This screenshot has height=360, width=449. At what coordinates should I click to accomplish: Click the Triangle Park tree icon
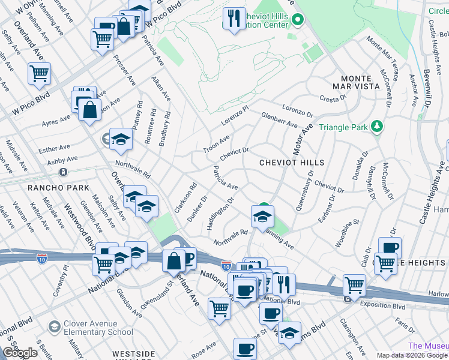(377, 127)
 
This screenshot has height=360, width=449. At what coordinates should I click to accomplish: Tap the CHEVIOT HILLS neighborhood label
(292, 163)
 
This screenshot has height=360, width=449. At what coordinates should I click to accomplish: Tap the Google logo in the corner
(20, 353)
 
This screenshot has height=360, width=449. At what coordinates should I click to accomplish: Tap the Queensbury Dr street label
(304, 190)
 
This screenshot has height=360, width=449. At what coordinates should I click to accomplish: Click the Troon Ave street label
(216, 144)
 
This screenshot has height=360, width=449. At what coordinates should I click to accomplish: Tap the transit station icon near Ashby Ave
(63, 172)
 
